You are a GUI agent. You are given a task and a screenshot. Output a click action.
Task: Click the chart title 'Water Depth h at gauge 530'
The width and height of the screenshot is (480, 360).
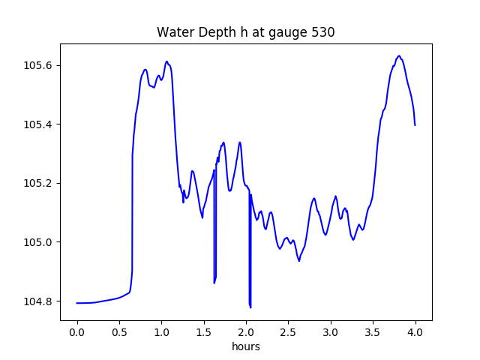(x=245, y=32)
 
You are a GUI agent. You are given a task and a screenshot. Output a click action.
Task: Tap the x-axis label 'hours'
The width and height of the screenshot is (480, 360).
(x=245, y=346)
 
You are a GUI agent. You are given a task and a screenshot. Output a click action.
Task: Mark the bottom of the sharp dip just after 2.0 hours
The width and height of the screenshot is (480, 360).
(x=250, y=307)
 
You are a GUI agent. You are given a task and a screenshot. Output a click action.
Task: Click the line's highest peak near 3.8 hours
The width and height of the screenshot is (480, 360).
(x=399, y=56)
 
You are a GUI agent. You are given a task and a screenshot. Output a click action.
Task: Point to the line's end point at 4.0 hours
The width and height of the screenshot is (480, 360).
(x=415, y=124)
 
